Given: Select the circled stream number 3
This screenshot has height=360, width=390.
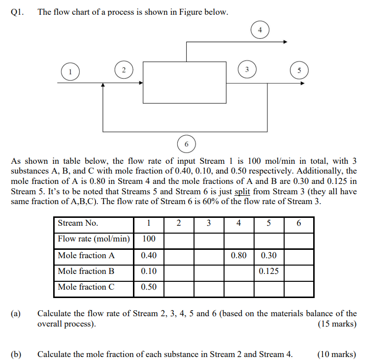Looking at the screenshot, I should pos(247,68).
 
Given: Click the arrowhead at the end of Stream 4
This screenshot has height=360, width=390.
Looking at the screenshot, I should pos(284,42).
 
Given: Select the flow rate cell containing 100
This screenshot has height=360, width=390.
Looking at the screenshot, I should pos(149,239).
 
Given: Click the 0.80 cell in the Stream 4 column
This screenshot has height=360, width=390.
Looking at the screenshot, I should pos(239,255).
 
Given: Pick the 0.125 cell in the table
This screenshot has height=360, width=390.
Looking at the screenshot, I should pos(269,271).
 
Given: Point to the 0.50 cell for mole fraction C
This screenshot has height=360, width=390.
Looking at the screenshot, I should pos(149,287).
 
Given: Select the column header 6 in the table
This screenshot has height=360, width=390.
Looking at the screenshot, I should pos(299,223).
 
